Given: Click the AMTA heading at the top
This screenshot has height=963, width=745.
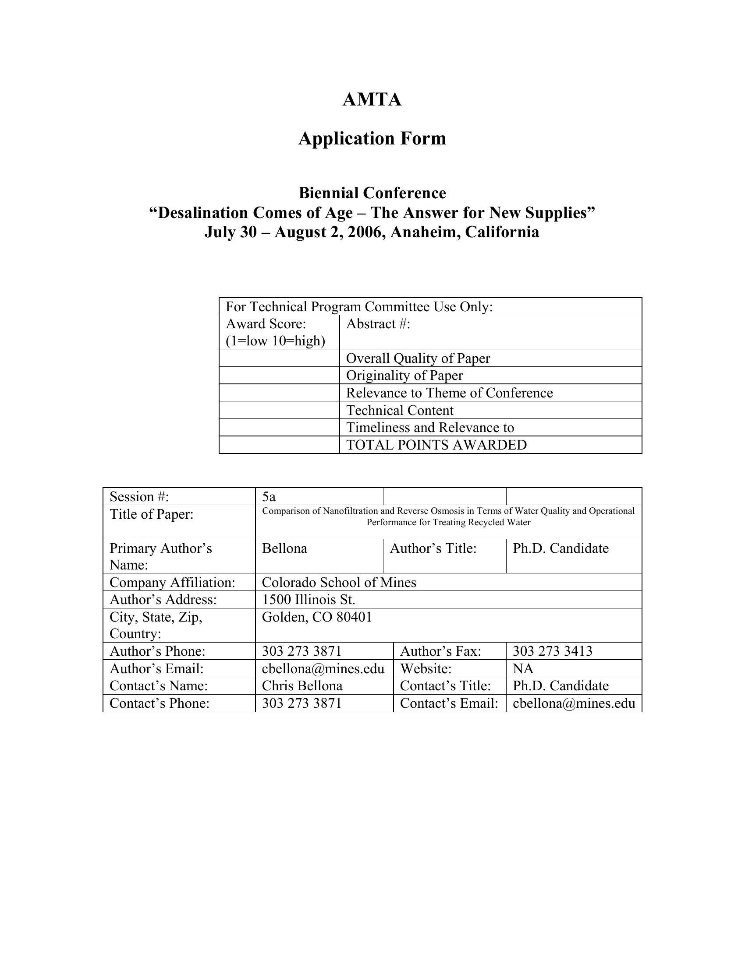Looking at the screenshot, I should [x=372, y=100].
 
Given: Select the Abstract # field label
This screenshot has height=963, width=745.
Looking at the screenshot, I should [x=378, y=324].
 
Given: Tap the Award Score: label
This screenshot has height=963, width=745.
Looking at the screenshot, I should [x=266, y=324].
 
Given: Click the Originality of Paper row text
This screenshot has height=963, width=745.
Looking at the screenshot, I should [x=404, y=376].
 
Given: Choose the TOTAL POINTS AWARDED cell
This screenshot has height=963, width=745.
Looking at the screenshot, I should [x=436, y=445].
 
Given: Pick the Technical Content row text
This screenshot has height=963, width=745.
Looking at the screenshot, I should [x=399, y=411].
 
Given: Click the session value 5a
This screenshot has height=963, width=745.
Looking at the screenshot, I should [x=269, y=497].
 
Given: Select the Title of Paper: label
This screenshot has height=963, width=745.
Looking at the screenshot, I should [x=151, y=514].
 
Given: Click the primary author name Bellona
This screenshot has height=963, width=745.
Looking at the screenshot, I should [x=284, y=548].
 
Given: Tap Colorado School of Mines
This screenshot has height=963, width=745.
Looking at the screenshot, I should [x=338, y=583].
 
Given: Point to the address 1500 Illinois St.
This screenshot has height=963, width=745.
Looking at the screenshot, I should [x=308, y=600].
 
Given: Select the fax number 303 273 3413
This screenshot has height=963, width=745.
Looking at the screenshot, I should [x=552, y=651].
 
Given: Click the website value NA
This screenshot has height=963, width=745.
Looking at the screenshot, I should [x=523, y=669].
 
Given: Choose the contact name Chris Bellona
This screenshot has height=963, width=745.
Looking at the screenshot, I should [x=302, y=686].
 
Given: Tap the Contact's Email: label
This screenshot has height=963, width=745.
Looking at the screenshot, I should [x=449, y=703].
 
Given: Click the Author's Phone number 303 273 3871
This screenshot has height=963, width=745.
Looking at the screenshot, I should [x=302, y=651].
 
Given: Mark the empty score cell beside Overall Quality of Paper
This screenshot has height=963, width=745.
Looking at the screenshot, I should [x=279, y=358].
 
